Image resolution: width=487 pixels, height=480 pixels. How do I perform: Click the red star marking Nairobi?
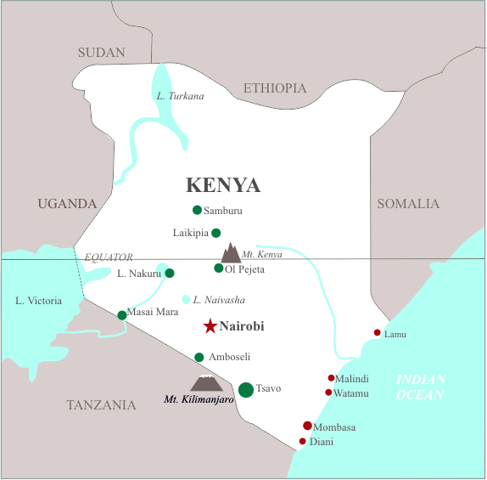click(210, 326)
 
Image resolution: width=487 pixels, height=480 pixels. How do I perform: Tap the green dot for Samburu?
click(198, 210)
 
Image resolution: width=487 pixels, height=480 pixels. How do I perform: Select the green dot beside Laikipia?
click(216, 233)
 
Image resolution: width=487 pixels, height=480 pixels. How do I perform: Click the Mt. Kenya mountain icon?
click(230, 253)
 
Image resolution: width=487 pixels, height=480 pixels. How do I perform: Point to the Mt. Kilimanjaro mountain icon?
click(204, 384)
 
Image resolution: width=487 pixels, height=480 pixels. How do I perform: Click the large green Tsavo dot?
click(246, 390)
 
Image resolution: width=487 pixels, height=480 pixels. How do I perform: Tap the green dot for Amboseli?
click(199, 358)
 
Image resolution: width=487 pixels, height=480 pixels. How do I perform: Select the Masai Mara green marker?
click(122, 315)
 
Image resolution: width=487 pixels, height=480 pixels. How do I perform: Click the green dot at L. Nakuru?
click(170, 274)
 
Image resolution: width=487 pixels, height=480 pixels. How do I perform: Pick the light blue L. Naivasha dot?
click(186, 299)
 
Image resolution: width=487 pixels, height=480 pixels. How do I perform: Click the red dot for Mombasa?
click(307, 426)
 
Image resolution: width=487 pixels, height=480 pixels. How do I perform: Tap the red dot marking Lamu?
click(378, 333)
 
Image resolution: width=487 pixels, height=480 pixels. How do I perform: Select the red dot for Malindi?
click(331, 378)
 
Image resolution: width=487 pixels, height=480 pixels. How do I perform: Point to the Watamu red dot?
click(328, 392)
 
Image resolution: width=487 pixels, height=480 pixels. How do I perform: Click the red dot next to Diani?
click(302, 441)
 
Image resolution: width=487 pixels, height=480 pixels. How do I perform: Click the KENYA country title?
click(223, 185)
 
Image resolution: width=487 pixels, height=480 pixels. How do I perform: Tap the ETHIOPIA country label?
click(275, 88)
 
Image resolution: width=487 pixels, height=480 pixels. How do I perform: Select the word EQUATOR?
click(109, 257)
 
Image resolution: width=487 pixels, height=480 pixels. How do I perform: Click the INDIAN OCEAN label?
click(421, 387)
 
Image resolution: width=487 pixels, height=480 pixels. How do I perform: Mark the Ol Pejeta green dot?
click(219, 268)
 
